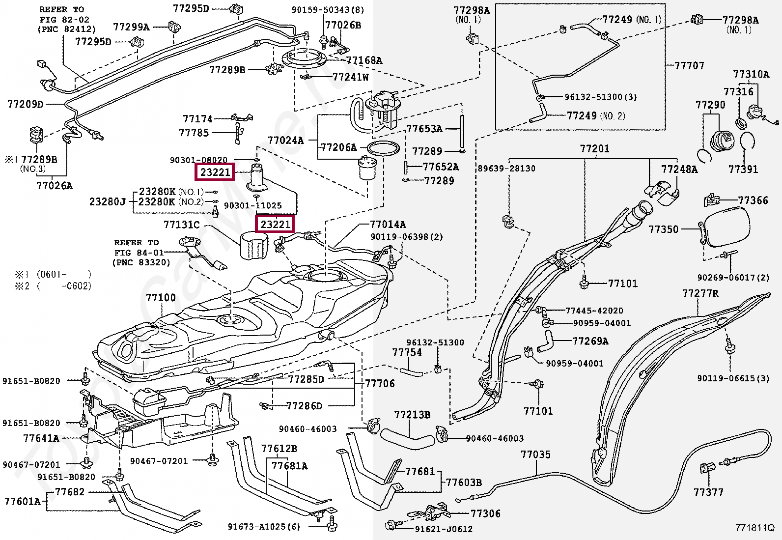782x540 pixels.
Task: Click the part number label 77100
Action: click(x=161, y=298)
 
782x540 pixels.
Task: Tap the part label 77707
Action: click(x=689, y=65)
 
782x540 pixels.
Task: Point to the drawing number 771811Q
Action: click(x=754, y=529)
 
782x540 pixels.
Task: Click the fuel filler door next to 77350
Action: click(x=725, y=227)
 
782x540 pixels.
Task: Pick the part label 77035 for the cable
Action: click(x=535, y=455)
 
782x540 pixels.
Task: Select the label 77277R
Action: click(x=700, y=293)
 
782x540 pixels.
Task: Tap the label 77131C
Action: click(x=181, y=225)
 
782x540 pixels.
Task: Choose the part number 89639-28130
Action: click(x=506, y=169)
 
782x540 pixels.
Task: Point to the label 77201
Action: click(x=594, y=148)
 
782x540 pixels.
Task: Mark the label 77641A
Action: click(x=41, y=438)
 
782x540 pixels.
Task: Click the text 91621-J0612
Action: click(x=444, y=529)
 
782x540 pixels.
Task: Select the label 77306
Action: click(x=485, y=513)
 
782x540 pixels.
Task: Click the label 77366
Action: click(x=753, y=200)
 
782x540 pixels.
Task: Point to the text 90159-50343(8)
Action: click(x=328, y=9)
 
